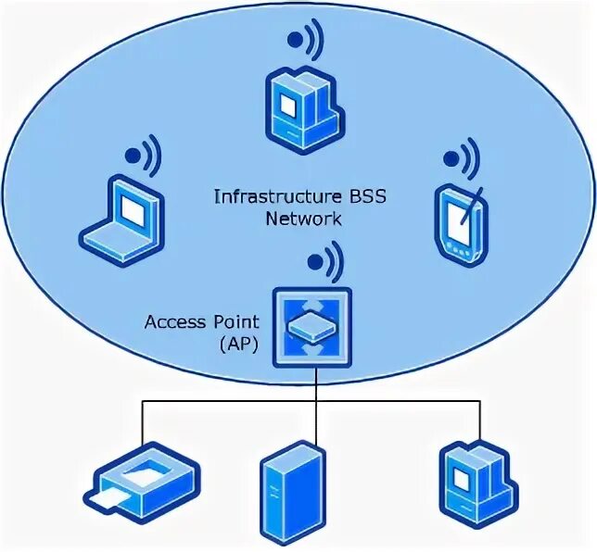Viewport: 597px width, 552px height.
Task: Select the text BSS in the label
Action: click(x=341, y=196)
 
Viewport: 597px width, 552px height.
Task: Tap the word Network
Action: click(x=303, y=219)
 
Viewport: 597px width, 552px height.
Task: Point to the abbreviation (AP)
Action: click(x=238, y=344)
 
